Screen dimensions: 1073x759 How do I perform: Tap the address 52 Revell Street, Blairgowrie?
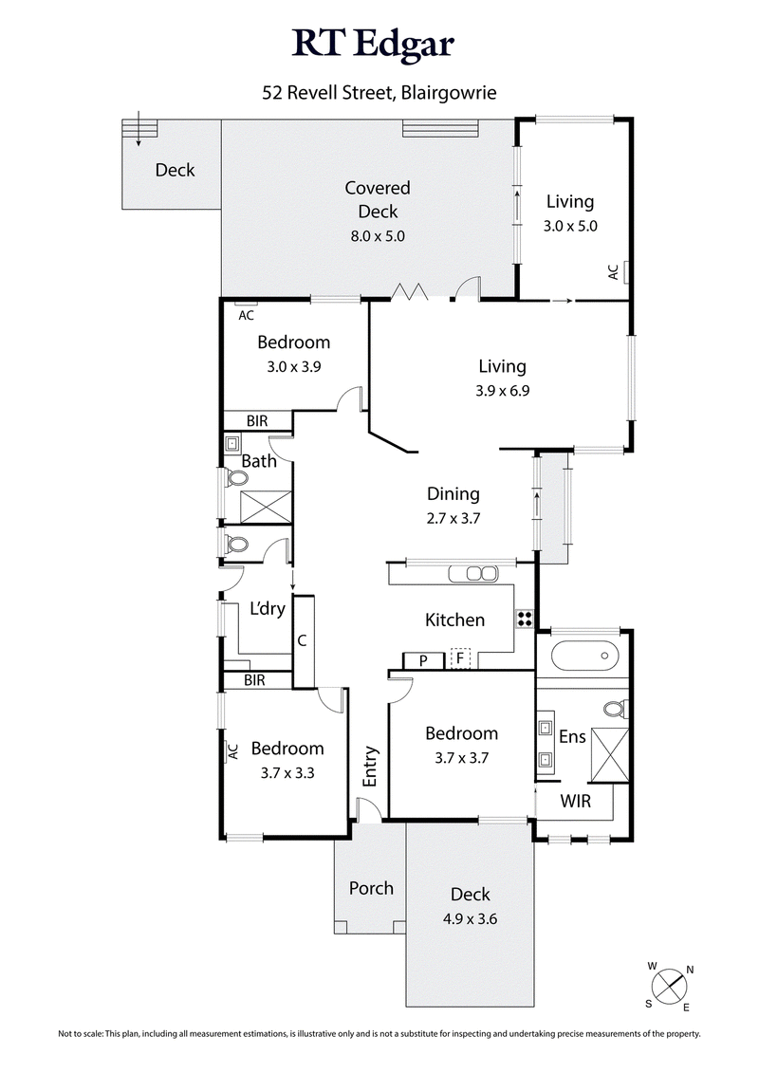point(379,93)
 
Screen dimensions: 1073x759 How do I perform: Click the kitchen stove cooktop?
point(525,619)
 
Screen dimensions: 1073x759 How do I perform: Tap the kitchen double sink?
point(473,573)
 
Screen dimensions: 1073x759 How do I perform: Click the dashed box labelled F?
point(461,658)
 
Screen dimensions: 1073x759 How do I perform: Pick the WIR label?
point(574,802)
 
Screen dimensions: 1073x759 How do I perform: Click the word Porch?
point(371,888)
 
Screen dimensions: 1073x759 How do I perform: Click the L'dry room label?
point(267,609)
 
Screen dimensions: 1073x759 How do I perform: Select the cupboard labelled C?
point(303,640)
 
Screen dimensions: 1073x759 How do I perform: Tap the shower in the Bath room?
point(266,506)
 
